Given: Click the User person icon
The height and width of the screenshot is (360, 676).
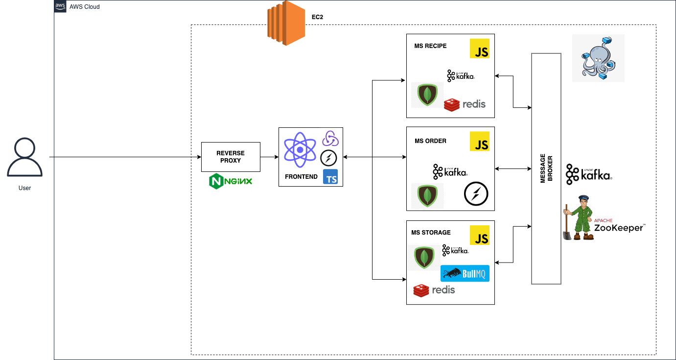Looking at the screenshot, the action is pos(25,157).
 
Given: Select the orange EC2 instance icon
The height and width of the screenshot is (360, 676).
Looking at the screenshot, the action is pos(286,23).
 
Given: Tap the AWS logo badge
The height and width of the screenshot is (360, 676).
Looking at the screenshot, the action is pos(60,6).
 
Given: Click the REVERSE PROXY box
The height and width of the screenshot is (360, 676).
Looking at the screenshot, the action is pos(231,157).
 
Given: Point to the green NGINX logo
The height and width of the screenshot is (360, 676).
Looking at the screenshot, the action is pos(231,181).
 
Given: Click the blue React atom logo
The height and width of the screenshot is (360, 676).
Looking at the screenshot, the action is pos(300,150).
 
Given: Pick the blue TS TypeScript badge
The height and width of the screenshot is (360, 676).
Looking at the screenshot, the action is pos(330,177).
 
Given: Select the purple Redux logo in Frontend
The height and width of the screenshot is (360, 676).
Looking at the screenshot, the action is pos(330,139).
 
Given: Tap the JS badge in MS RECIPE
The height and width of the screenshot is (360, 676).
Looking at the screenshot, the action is pos(480,48).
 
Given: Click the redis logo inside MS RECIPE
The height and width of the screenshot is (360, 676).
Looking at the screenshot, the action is pos(465,104).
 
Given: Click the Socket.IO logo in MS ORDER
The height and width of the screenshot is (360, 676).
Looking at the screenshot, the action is pos(476,193).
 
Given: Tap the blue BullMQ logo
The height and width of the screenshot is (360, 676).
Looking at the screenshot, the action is pos(465,274).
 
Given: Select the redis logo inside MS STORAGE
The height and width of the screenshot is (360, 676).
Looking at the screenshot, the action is pos(434,290).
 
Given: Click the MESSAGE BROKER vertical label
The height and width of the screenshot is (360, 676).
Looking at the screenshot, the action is pos(546,168).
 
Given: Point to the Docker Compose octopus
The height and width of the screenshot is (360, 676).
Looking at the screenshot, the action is pos(599,58).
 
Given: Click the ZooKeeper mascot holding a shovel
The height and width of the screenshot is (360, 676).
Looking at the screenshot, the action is pos(579,218).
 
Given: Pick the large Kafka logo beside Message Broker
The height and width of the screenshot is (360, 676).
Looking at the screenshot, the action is pos(589,174).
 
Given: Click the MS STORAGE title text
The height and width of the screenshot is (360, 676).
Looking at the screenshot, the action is pos(431,233).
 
